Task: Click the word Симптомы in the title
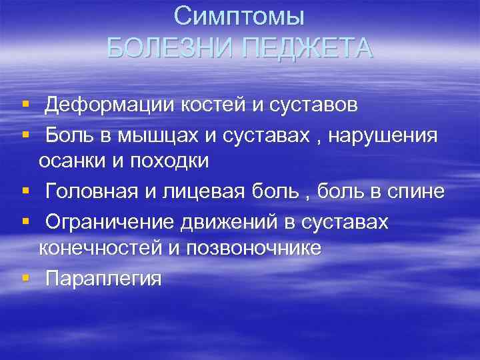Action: (239, 15)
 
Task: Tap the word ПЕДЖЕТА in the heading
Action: (307, 48)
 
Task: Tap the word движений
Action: (224, 222)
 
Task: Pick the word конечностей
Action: (96, 248)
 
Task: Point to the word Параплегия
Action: (103, 279)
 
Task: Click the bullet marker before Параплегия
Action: (25, 277)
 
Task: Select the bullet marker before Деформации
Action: (25, 104)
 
